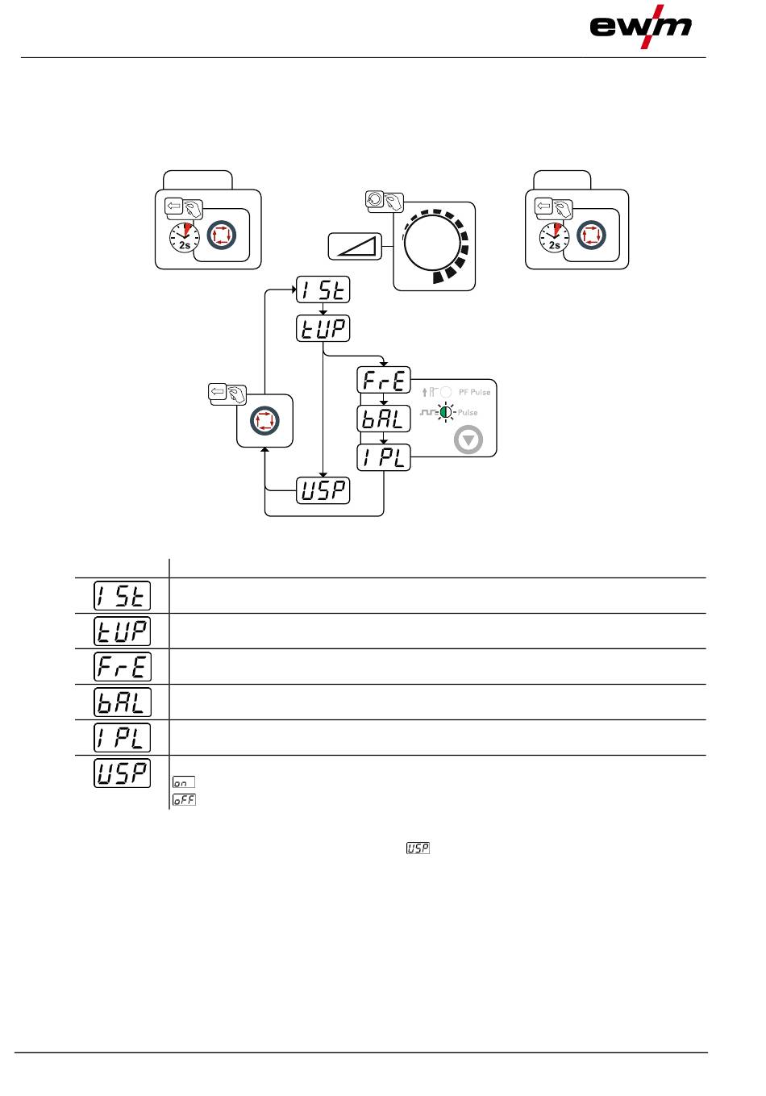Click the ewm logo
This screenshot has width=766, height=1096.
640,27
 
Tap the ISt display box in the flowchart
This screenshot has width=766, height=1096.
323,290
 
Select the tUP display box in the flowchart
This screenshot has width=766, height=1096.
323,328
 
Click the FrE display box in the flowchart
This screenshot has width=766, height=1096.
384,380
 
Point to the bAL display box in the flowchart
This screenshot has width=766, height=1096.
384,419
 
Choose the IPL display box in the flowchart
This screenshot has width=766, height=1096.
384,457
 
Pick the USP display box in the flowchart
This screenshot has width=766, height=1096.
323,490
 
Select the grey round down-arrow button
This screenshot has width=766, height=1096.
468,440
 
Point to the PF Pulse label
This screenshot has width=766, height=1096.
474,392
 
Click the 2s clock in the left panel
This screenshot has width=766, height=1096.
185,238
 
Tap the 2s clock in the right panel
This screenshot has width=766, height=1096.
555,238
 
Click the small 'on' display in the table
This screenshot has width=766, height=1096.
183,782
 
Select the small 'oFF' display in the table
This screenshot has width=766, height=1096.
184,800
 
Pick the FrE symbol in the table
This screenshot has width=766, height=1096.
123,667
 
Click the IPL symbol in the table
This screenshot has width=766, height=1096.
123,738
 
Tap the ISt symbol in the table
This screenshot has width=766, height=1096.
123,596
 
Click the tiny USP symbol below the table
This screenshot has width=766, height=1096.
418,848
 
